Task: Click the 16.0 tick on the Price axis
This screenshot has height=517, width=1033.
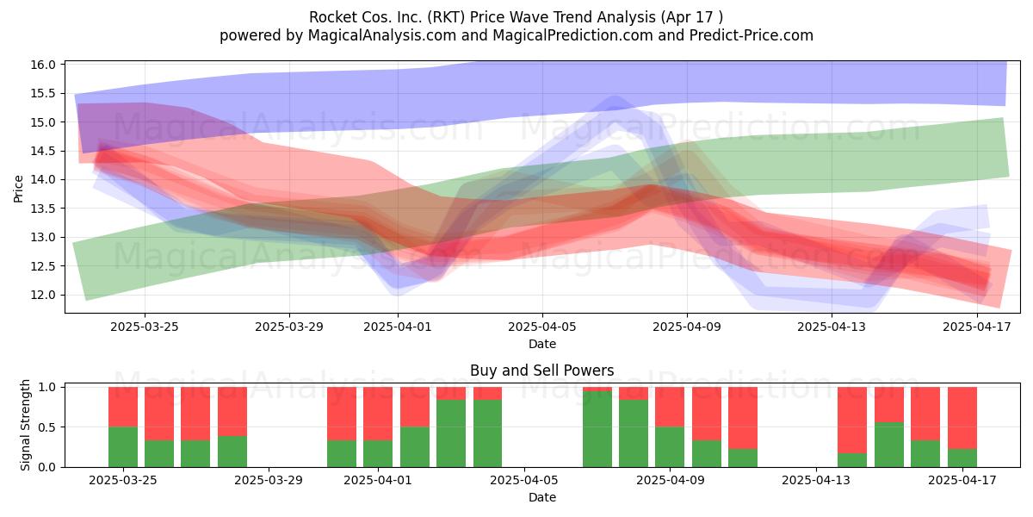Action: (43, 65)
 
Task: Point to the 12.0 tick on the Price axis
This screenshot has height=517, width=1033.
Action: (43, 295)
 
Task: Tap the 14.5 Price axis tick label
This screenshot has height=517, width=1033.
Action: (43, 151)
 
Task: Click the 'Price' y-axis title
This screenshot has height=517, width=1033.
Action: (18, 189)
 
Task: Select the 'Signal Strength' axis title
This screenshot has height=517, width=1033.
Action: (25, 425)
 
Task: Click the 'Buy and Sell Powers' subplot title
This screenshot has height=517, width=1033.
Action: (541, 371)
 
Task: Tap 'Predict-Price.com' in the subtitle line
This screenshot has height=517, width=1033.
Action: (752, 35)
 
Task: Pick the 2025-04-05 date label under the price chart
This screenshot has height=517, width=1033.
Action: (542, 327)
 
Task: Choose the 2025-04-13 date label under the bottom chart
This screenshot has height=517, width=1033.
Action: (816, 480)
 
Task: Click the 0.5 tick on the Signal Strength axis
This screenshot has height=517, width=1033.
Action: (46, 427)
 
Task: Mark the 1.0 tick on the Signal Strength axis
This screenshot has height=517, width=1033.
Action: (46, 387)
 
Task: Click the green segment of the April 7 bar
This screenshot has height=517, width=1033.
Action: (597, 429)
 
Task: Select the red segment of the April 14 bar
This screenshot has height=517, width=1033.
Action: (852, 420)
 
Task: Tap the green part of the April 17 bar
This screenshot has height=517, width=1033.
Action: (962, 458)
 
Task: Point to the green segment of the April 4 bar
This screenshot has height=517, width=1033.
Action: (487, 433)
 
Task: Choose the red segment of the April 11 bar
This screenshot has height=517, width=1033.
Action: (743, 418)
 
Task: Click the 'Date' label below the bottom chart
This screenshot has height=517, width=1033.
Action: (541, 497)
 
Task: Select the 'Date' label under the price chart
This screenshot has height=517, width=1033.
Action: (541, 344)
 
